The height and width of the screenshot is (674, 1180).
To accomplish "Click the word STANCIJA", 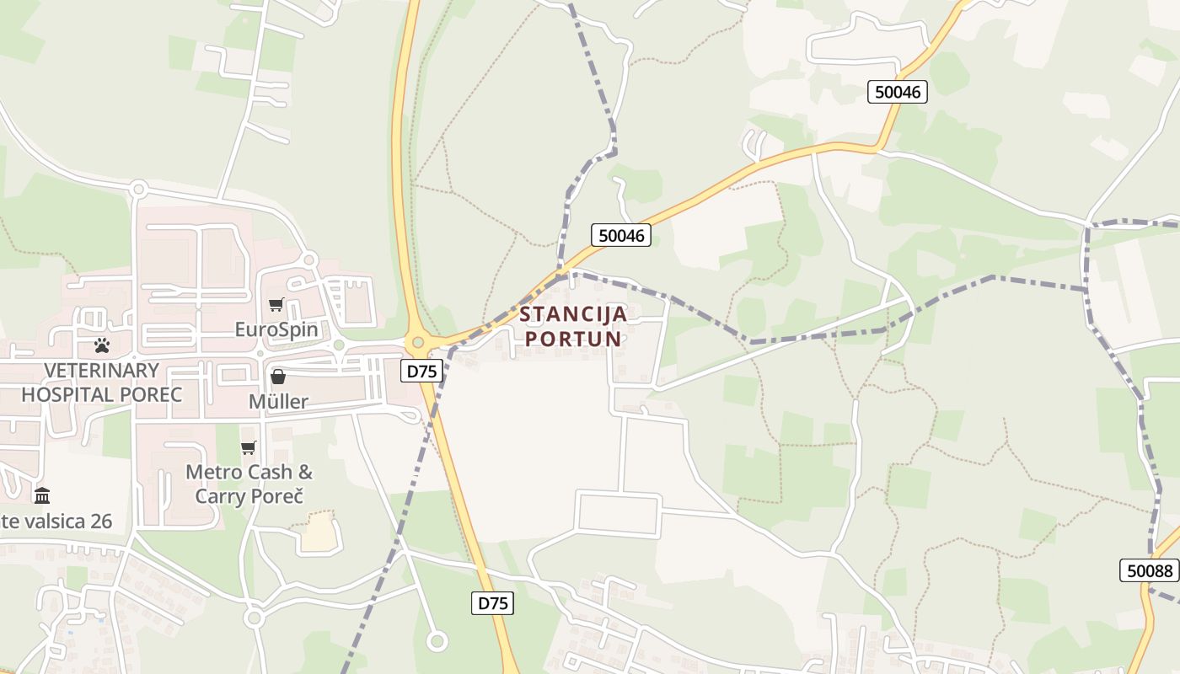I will point(573,315).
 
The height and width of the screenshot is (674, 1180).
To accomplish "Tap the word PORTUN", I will point(573,340).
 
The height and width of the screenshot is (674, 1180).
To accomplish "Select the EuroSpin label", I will point(276,329).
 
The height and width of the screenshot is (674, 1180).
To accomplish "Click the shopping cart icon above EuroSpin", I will point(276,305).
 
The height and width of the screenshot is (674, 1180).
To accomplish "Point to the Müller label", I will point(278,402).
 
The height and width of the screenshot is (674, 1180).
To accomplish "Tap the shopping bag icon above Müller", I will point(277,377).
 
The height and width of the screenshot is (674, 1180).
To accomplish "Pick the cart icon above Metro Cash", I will point(248,447).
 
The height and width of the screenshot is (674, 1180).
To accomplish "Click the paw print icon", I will point(102,345).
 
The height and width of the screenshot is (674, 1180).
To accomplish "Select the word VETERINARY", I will point(101,371).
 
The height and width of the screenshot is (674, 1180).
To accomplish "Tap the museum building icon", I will point(42,495).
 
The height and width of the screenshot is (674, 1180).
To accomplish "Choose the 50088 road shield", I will point(1149,570).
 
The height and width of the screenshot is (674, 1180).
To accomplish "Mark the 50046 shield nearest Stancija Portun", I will point(621,236).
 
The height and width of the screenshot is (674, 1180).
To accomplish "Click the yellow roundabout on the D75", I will point(416,343).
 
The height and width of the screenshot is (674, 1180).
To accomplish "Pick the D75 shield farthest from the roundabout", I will point(492,603).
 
